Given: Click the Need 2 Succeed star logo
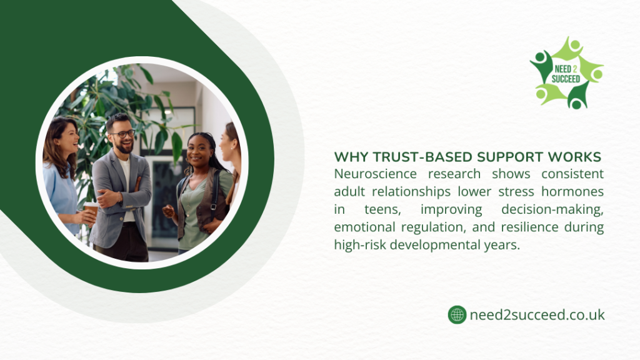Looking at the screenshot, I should pyautogui.click(x=566, y=72).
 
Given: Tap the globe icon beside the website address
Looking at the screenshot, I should pyautogui.click(x=457, y=314).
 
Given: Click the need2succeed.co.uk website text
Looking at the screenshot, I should pyautogui.click(x=537, y=314).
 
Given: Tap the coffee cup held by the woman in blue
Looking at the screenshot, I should pyautogui.click(x=91, y=208).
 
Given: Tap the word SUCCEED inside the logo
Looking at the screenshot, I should pyautogui.click(x=565, y=79).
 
